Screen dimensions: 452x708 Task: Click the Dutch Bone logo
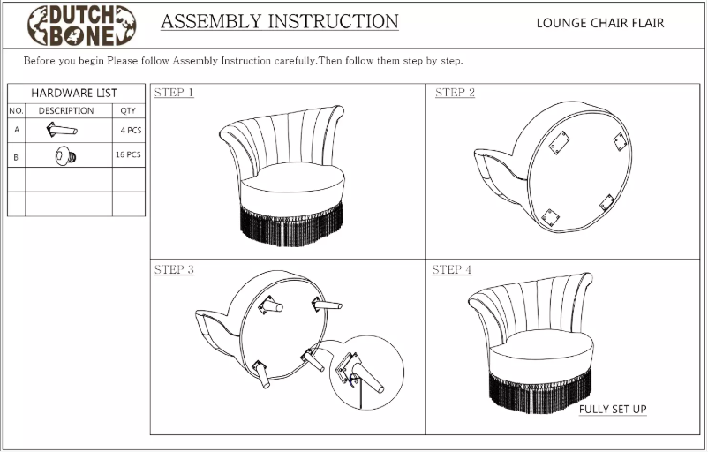(81, 25)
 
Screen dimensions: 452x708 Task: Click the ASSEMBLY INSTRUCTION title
(279, 21)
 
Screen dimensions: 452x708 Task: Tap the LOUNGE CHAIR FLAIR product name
(599, 23)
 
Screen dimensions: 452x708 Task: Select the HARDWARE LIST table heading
(74, 93)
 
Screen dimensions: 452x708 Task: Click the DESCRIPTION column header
(65, 110)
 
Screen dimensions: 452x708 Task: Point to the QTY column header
(127, 110)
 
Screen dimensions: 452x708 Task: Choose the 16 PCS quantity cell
(129, 154)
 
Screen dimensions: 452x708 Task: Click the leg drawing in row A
(62, 130)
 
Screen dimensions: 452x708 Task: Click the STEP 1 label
(174, 93)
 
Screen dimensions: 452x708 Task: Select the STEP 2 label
(455, 93)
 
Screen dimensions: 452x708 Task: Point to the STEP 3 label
(174, 270)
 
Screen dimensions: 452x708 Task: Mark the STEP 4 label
(451, 270)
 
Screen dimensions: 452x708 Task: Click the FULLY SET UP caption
(613, 410)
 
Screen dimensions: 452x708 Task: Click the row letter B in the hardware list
(16, 156)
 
